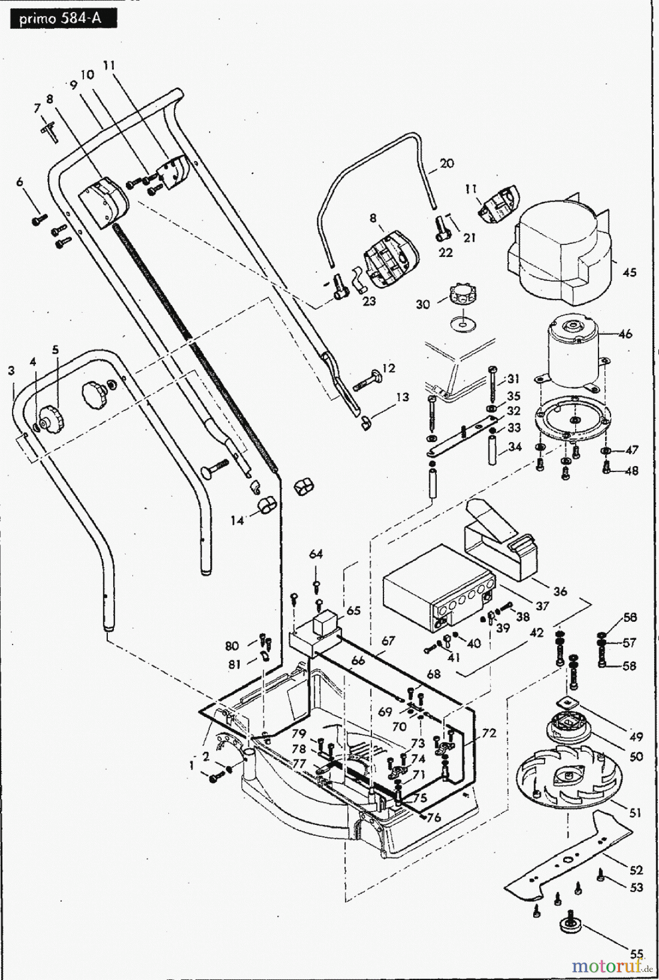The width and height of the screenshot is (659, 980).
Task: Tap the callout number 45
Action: pos(629,272)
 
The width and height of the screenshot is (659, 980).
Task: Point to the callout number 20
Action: pos(447,163)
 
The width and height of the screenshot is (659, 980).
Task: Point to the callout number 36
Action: pos(560,591)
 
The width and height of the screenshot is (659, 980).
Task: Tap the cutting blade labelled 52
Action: pos(566,860)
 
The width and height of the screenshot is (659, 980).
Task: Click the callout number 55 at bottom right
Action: pos(637,953)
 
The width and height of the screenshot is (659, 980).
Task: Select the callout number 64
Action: pos(316,554)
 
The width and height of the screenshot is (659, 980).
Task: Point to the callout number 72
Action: pos(489,733)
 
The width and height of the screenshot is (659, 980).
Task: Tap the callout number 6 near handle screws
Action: pos(21,182)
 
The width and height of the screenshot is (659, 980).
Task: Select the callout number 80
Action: pos(232,646)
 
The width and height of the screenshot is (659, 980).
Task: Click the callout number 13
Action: pos(402,397)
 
